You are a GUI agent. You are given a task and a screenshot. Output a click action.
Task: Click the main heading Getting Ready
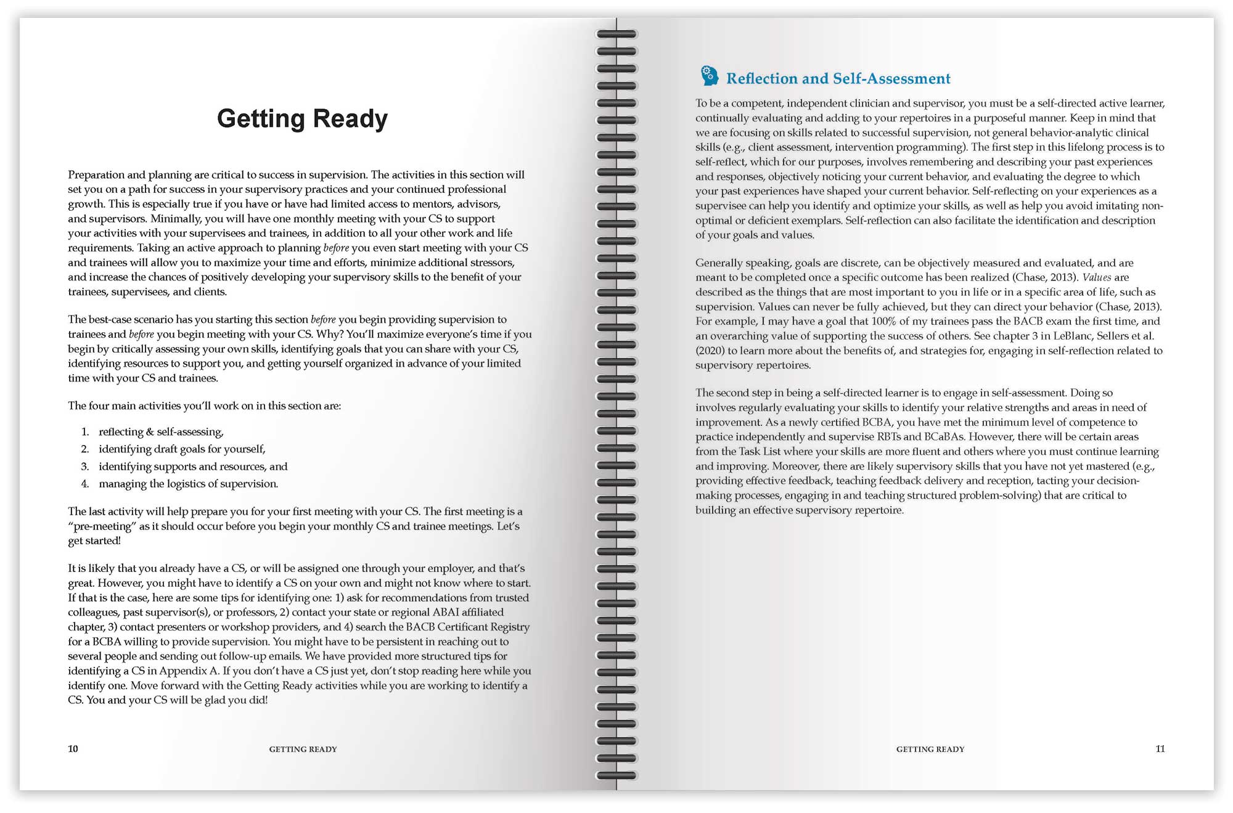pyautogui.click(x=302, y=119)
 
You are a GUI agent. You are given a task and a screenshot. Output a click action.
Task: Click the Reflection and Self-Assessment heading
pyautogui.click(x=838, y=79)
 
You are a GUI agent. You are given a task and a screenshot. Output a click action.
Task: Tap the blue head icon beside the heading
pyautogui.click(x=709, y=76)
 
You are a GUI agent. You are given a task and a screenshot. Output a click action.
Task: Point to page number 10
pyautogui.click(x=73, y=749)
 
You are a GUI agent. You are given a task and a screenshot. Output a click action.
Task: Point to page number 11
pyautogui.click(x=1160, y=749)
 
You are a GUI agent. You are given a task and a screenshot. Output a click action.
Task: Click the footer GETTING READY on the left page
pyautogui.click(x=303, y=750)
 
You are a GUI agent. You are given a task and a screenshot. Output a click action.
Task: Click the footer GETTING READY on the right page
pyautogui.click(x=930, y=750)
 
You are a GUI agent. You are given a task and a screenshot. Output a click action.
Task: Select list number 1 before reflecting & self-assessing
pyautogui.click(x=85, y=432)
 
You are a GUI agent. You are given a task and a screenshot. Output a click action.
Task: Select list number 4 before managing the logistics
pyautogui.click(x=85, y=484)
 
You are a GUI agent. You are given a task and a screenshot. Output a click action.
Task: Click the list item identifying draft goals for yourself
pyautogui.click(x=182, y=449)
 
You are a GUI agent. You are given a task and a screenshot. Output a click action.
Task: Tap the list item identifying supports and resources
pyautogui.click(x=193, y=467)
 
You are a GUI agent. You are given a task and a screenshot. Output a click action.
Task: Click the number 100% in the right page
pyautogui.click(x=887, y=321)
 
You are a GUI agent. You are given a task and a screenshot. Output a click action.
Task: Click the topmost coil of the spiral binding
pyautogui.click(x=616, y=35)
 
